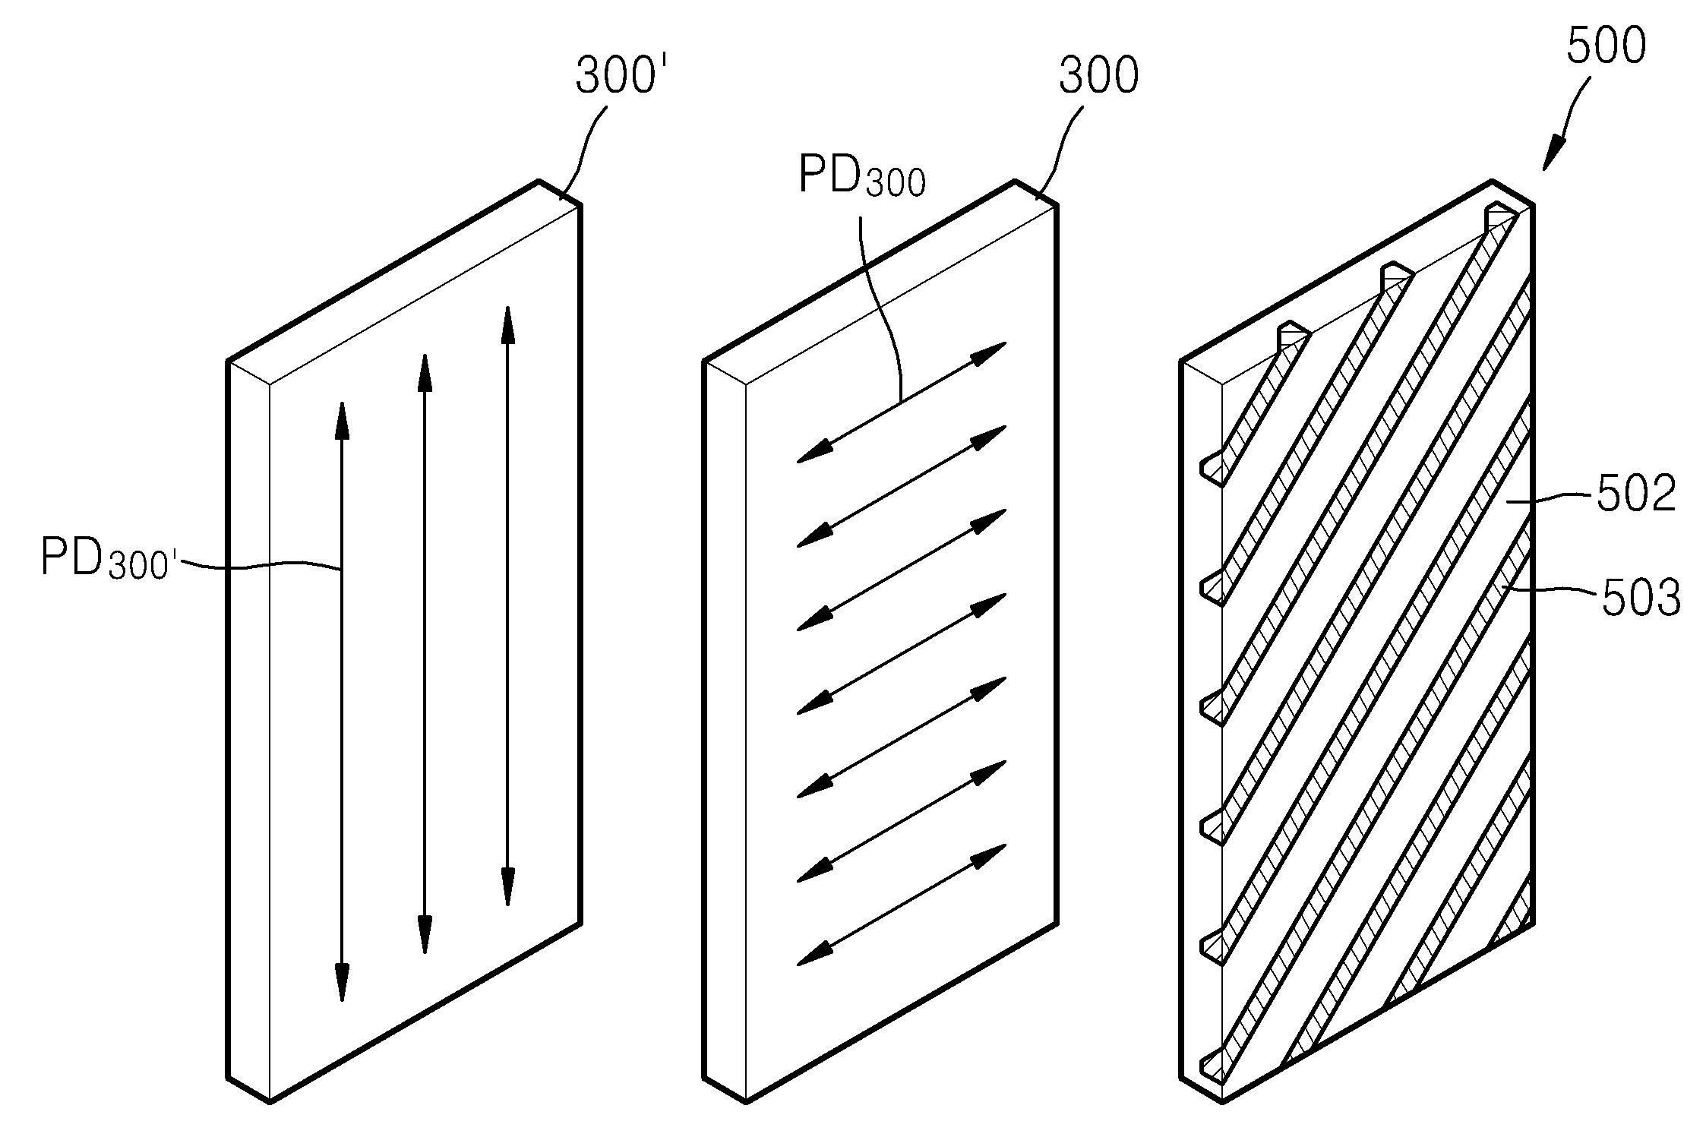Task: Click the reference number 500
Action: (x=1606, y=45)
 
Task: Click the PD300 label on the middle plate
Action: (x=861, y=176)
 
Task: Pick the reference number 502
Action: (x=1636, y=494)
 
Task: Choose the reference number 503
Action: (x=1641, y=598)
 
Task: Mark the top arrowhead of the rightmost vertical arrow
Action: (x=507, y=325)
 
